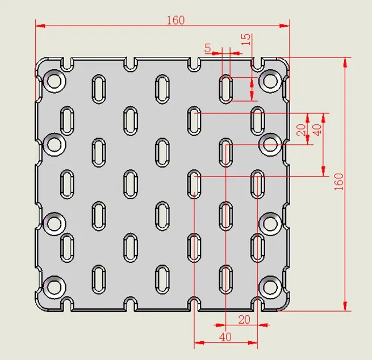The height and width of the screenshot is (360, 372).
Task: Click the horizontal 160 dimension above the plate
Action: [x=175, y=20]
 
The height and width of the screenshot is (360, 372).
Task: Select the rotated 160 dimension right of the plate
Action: [x=339, y=182]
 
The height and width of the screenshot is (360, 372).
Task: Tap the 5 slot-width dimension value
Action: [x=208, y=48]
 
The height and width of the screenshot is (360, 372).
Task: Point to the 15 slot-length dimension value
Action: [x=246, y=39]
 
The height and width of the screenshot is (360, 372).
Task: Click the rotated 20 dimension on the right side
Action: [x=302, y=130]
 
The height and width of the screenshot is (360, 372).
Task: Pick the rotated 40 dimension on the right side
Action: [x=317, y=130]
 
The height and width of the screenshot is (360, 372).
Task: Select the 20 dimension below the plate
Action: [x=244, y=320]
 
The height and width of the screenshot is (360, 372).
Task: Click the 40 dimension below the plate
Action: [x=225, y=337]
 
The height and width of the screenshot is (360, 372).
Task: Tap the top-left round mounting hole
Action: [x=55, y=81]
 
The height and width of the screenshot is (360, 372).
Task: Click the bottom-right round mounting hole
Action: [x=270, y=287]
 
